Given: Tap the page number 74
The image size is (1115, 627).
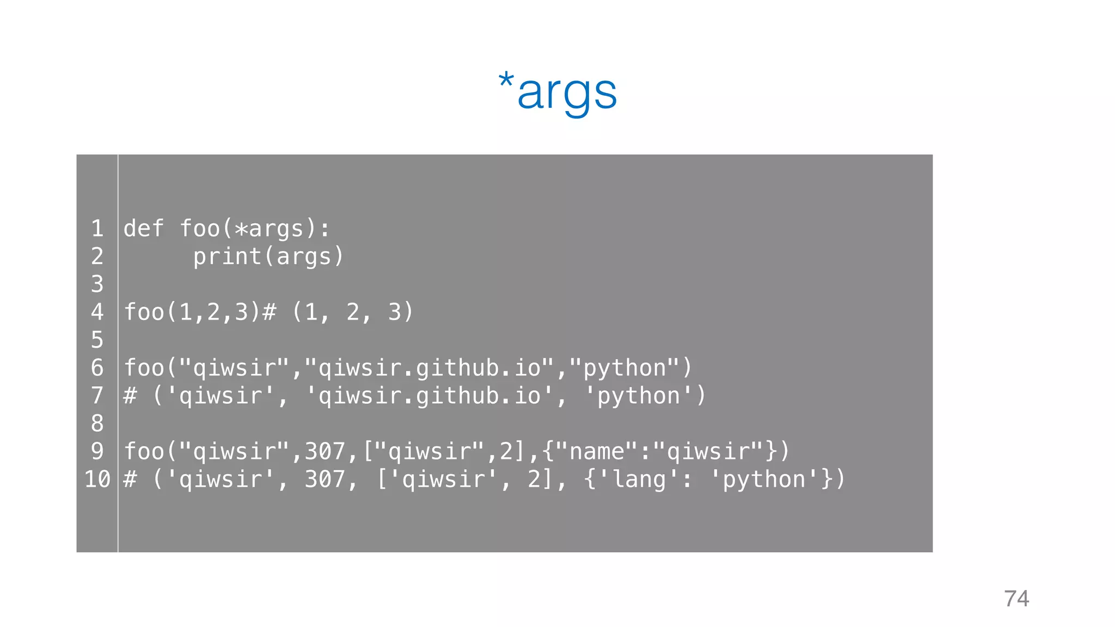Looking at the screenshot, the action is [1016, 599].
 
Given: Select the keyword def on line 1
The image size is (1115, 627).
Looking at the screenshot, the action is [144, 229].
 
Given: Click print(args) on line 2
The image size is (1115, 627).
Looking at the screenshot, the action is [269, 256].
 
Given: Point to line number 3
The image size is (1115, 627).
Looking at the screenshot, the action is [97, 284].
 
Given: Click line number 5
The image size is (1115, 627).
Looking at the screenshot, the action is [97, 340].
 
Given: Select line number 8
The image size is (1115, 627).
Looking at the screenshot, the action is [97, 423].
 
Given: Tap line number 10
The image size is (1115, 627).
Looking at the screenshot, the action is [97, 480].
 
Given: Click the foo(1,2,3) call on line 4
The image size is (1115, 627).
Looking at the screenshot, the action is [193, 312].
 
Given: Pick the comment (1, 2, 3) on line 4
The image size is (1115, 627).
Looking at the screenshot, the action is [353, 312].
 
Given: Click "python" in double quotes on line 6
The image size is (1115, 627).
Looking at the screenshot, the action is [624, 368].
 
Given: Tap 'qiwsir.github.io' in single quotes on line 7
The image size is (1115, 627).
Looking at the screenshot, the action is [429, 396].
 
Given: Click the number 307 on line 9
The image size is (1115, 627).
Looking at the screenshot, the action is [325, 451].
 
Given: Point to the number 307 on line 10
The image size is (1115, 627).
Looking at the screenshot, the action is [325, 480].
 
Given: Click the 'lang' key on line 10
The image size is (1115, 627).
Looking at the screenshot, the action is [638, 480].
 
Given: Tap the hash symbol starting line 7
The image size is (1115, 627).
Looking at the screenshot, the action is [130, 396].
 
